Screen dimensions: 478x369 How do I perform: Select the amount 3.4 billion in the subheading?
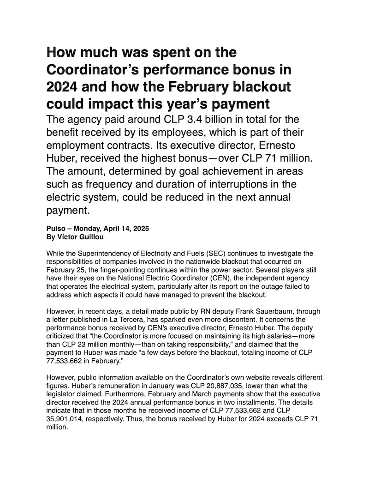(199, 121)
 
